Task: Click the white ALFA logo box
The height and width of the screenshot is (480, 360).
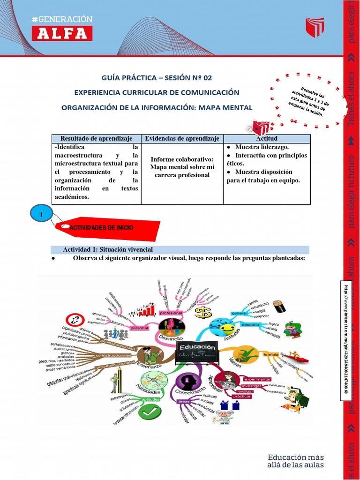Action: point(62,33)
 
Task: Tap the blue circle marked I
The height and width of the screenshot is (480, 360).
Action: point(41,214)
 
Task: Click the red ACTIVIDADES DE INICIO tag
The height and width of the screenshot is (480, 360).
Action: point(108,227)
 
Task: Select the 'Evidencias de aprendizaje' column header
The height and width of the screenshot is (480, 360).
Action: point(182,138)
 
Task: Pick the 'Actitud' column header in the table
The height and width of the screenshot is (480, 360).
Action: point(267,138)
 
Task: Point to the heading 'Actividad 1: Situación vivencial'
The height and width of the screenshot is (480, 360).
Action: point(108,249)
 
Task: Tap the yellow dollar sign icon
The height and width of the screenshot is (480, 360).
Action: point(203,313)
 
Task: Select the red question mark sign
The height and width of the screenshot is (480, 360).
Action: point(75,321)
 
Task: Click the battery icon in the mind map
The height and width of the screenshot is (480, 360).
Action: point(281,307)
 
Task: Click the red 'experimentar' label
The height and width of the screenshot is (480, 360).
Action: point(256,379)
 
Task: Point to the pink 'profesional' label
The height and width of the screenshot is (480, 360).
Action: point(170,313)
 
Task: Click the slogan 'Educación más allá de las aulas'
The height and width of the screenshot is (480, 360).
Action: point(295,461)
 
